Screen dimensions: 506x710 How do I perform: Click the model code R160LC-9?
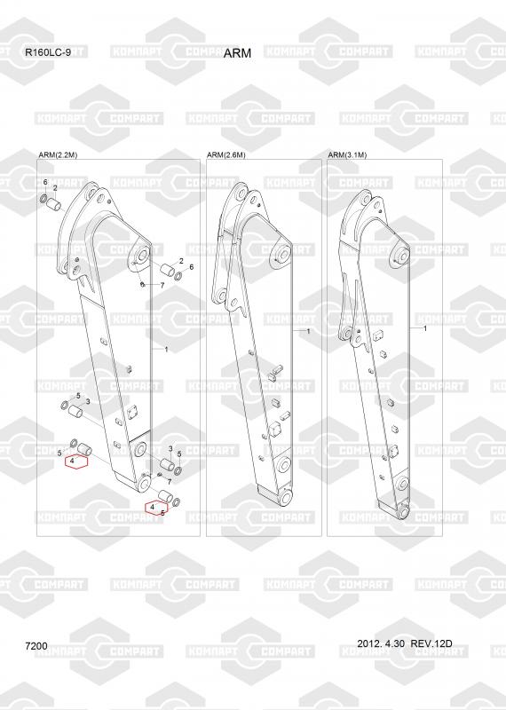pos(48,52)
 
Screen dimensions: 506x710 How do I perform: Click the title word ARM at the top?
pos(237,53)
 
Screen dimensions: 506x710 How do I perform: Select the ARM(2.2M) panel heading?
pos(58,154)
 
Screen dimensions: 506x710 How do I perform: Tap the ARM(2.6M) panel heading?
pos(226,154)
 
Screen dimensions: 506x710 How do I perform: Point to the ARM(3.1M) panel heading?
pos(347,154)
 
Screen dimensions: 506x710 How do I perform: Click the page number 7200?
pos(36,646)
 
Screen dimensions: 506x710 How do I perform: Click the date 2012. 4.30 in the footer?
pos(381,643)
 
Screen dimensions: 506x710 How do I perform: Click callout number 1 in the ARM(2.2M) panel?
pos(166,350)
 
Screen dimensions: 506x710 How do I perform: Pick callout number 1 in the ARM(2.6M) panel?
pos(309,331)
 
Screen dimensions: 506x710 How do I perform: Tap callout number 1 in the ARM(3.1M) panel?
pos(425,328)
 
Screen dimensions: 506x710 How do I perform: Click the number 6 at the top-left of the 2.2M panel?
pos(45,182)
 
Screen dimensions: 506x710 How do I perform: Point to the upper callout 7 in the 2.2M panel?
pos(162,286)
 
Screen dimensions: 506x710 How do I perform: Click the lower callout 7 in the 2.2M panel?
pos(169,482)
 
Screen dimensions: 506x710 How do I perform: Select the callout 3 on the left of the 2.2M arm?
pos(88,402)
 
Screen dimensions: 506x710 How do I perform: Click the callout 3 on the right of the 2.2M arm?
pos(170,448)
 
